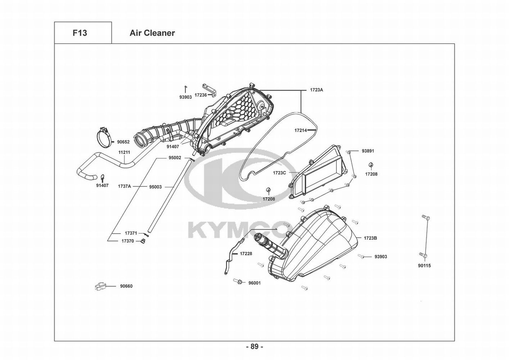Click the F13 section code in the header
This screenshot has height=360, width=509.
coord(79,33)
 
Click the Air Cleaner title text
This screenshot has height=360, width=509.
coord(152,33)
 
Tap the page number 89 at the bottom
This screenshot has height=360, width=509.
coord(254,347)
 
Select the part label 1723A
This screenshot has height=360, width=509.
coord(317,90)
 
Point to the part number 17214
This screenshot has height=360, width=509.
coord(300,131)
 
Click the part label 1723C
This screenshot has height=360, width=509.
coord(279,173)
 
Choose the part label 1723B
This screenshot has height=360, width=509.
coord(370,238)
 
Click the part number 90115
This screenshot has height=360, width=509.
coord(424,266)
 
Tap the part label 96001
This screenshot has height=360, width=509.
coord(255,283)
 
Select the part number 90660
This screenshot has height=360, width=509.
coord(126,286)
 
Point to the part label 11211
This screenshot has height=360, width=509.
coord(124,152)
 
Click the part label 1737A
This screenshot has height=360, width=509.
coord(124,186)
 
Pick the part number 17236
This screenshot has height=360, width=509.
coord(201,95)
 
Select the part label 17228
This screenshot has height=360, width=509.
coord(246,253)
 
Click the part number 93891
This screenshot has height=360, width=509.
coord(368,151)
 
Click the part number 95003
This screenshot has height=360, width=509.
coord(155,187)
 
